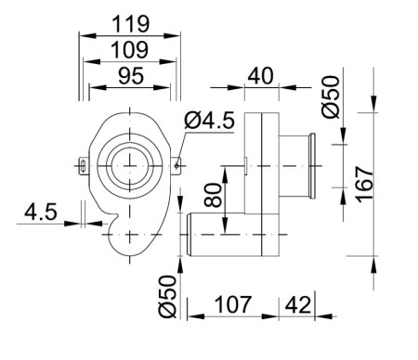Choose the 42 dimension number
tap(296, 303)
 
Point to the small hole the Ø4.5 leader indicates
tap(175, 167)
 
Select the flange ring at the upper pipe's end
tap(317, 167)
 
